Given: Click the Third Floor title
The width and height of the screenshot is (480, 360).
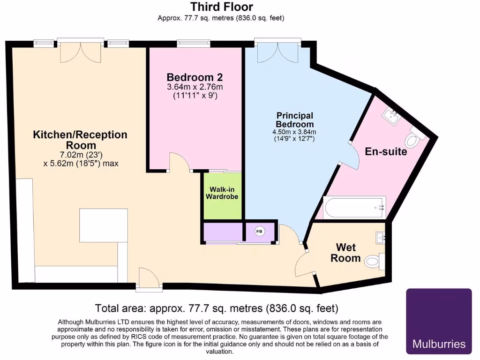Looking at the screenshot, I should point(221,7).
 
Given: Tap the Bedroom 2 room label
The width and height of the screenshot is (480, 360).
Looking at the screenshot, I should point(195,77).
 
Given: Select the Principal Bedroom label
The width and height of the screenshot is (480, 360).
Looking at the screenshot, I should point(294,120).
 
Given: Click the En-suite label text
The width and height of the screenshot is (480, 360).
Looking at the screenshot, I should point(386,152).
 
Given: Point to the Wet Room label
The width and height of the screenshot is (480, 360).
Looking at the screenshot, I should point(345,253).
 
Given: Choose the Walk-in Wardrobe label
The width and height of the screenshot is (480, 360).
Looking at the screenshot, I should point(222,193).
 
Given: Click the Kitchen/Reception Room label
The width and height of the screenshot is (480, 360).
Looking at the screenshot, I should point(80,140).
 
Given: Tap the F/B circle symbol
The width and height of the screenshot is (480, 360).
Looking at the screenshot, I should point(259,232).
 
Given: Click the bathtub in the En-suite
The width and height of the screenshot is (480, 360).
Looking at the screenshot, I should point(354,207).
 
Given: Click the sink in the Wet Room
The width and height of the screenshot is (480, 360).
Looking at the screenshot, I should point(381,238).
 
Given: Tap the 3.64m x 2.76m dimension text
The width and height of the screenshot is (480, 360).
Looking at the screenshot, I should point(195,87).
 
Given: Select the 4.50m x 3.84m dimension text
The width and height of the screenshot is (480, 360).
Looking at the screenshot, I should point(294,132).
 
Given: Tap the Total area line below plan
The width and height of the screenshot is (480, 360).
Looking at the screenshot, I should point(216,308).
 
